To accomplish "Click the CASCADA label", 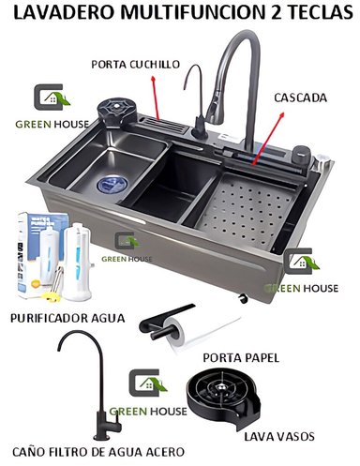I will point(300,97).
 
